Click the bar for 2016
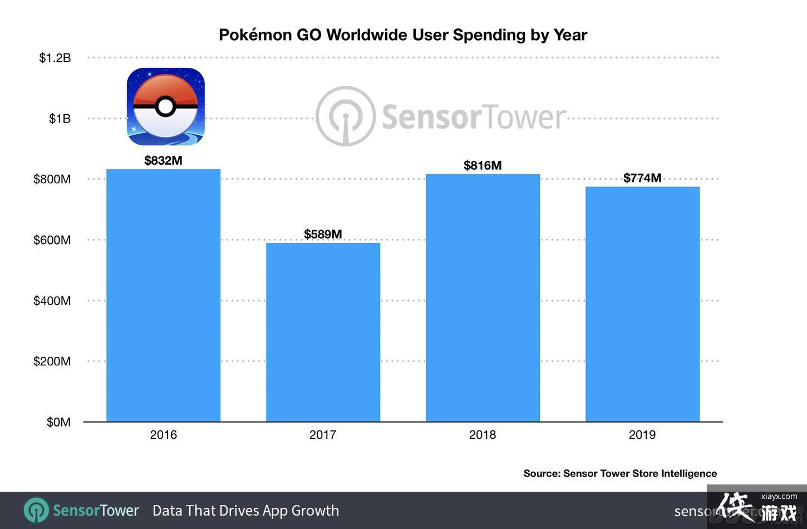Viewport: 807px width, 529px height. [163, 295]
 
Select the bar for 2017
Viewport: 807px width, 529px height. [323, 332]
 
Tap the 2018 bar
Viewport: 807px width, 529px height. [483, 297]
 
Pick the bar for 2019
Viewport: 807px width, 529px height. [642, 304]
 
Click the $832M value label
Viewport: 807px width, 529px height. [163, 161]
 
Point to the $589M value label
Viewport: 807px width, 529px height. [323, 234]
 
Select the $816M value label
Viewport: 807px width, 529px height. [483, 165]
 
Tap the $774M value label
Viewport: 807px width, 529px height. [642, 178]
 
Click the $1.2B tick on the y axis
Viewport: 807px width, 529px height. [55, 58]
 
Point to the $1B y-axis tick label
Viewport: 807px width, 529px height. [60, 119]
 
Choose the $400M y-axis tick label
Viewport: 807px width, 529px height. [52, 301]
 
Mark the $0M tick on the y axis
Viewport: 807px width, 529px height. [58, 423]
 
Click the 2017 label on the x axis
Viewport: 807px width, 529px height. [323, 435]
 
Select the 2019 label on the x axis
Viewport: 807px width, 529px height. [642, 435]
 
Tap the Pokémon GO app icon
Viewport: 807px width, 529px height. [165, 106]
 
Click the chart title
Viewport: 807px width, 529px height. [403, 35]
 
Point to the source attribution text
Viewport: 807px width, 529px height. [620, 473]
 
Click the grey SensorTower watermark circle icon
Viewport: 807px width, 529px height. [346, 116]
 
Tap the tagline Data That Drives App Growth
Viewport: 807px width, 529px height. [245, 511]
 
